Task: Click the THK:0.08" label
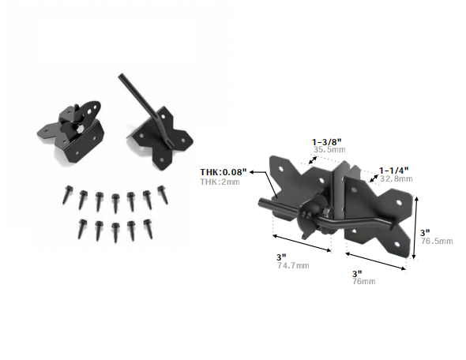pyautogui.click(x=224, y=172)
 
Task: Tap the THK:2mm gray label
pyautogui.click(x=220, y=182)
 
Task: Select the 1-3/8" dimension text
pyautogui.click(x=327, y=142)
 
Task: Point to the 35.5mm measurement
pyautogui.click(x=329, y=149)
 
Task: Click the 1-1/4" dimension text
pyautogui.click(x=394, y=171)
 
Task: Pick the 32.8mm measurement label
pyautogui.click(x=396, y=178)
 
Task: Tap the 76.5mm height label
pyautogui.click(x=437, y=241)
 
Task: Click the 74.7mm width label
pyautogui.click(x=293, y=265)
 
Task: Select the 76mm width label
pyautogui.click(x=364, y=281)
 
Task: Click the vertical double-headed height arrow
pyautogui.click(x=415, y=227)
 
